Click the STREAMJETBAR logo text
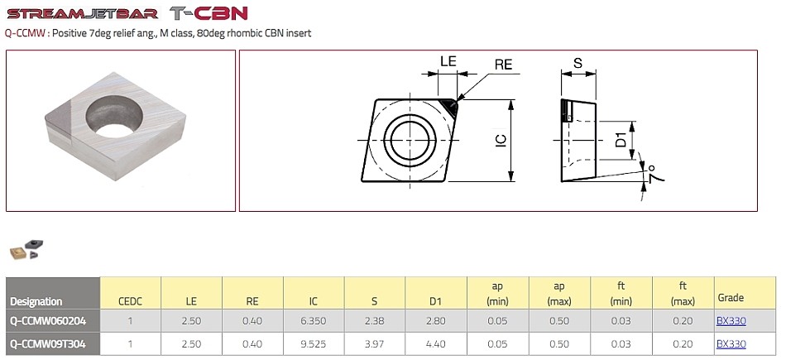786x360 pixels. [83, 13]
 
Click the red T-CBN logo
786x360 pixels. [208, 13]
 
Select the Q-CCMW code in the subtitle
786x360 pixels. [25, 34]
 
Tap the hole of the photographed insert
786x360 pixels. [114, 117]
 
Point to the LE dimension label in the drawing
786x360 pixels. [448, 61]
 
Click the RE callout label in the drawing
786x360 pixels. [503, 65]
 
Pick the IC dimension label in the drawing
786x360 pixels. [501, 141]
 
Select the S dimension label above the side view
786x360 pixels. [578, 63]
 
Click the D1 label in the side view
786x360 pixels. [621, 140]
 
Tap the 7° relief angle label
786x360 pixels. [655, 174]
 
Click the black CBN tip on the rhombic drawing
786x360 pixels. [449, 105]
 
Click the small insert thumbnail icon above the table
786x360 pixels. [26, 250]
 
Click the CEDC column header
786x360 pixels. [131, 301]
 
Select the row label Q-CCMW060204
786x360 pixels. [48, 321]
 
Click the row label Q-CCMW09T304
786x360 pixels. [48, 344]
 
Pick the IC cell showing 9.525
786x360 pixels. [314, 344]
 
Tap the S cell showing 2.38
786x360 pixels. [375, 321]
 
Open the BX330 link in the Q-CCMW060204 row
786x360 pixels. [731, 321]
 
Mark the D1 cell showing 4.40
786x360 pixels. [436, 344]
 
